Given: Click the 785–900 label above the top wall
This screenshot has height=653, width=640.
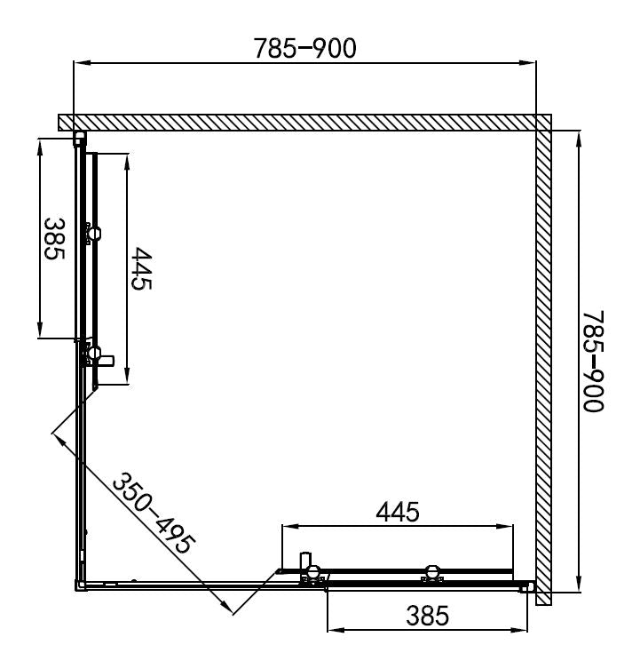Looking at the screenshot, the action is tap(305, 48).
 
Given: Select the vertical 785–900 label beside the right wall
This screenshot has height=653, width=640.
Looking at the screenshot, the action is tap(593, 362).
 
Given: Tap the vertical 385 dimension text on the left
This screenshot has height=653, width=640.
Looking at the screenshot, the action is tap(54, 239).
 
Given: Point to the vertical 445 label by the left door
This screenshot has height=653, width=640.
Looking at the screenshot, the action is tap(141, 268).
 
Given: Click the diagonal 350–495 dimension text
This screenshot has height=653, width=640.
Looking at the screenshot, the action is tap(154, 514).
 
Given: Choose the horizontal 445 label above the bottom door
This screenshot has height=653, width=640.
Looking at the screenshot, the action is tap(398, 512).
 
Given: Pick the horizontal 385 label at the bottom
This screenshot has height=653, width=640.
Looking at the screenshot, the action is tap(427, 616).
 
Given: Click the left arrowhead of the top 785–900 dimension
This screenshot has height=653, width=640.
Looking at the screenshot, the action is tap(82, 63).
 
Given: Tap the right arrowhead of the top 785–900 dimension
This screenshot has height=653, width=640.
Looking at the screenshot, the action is tap(527, 63).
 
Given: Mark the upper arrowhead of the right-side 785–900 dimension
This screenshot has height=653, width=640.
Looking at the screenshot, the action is tap(579, 140).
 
